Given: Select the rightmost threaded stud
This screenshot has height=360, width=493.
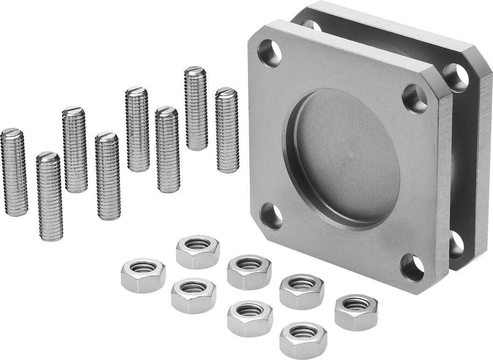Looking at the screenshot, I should click(227, 130).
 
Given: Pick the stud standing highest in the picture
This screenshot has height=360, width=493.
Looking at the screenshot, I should click(195, 108).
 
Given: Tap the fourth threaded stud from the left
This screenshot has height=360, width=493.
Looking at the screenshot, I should click(107, 176).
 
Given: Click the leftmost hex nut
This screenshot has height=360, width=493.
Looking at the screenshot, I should click(143, 275).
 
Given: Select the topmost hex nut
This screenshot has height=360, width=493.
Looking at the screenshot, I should click(198, 251).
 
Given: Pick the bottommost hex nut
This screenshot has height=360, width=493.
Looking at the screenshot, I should click(303, 340).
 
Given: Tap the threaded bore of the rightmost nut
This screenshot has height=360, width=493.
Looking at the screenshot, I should click(356, 304).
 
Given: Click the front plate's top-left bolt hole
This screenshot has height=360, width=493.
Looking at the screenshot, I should click(270, 53).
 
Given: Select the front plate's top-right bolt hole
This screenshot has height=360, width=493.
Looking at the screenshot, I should click(415, 98).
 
